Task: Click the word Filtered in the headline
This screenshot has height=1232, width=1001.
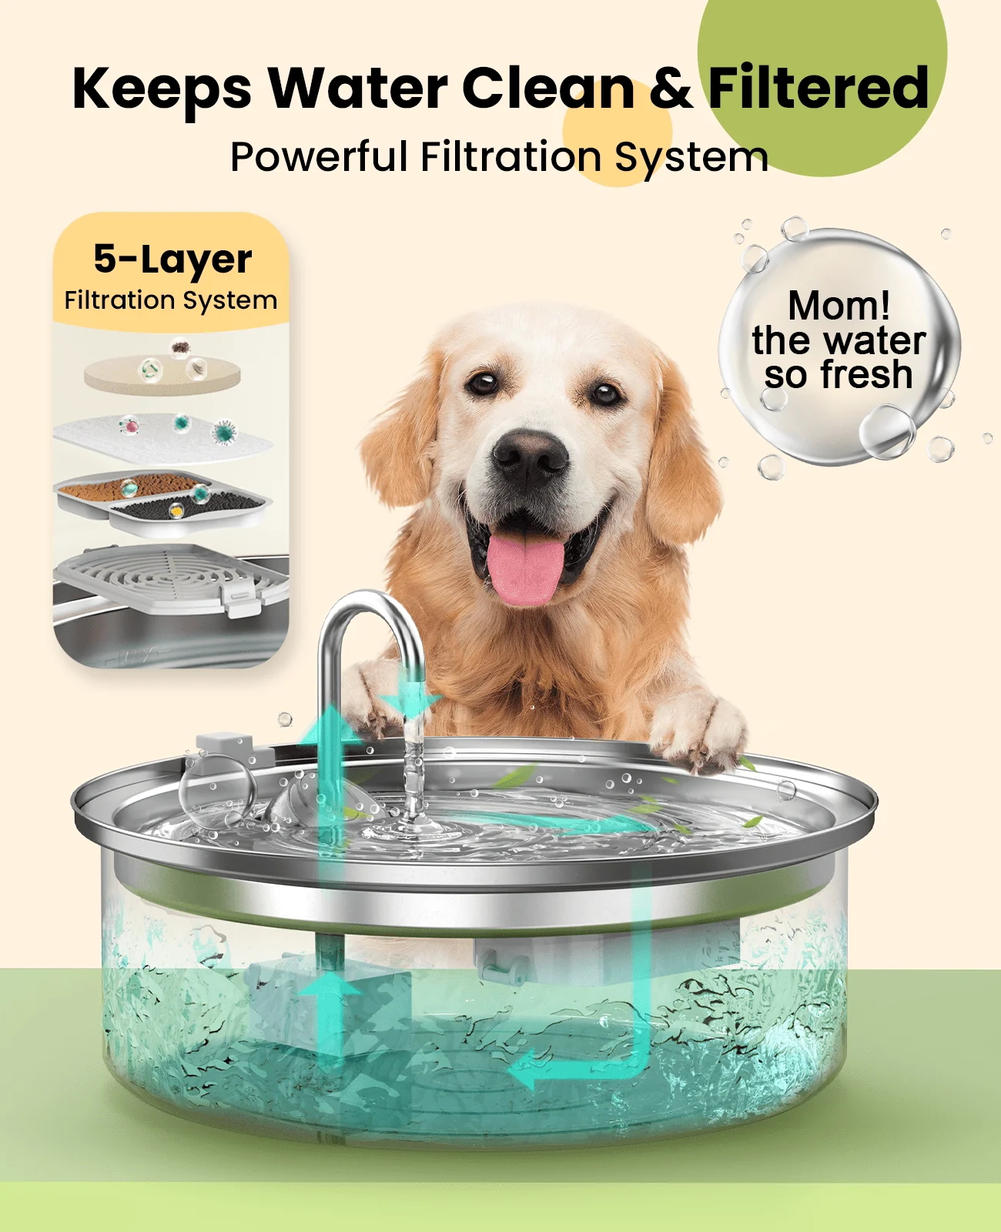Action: click(x=818, y=88)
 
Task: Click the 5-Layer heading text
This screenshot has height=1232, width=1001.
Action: click(x=172, y=259)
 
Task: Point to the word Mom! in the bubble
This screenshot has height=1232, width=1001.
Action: click(x=839, y=306)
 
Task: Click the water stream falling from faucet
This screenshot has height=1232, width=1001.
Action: click(x=413, y=770)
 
